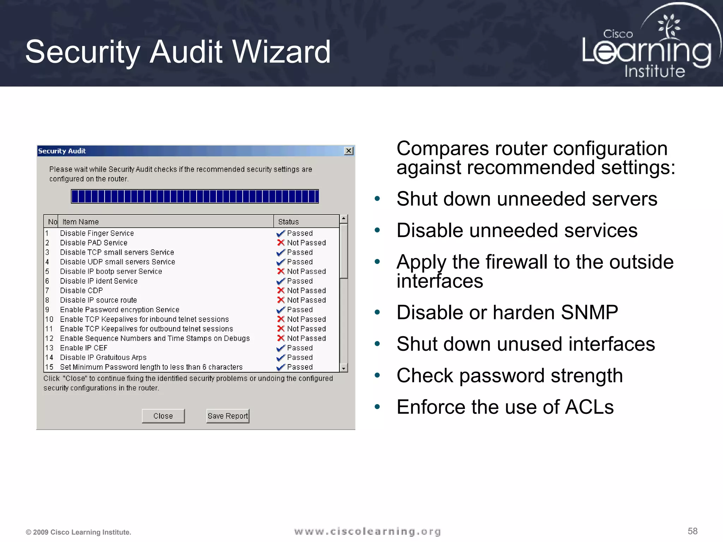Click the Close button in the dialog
(x=163, y=416)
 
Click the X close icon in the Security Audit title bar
(x=349, y=151)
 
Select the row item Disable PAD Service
(x=94, y=243)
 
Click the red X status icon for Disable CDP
(x=281, y=290)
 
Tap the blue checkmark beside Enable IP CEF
(x=281, y=348)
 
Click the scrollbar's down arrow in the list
(x=343, y=368)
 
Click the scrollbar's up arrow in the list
(x=343, y=219)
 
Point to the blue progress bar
(x=195, y=196)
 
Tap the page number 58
(x=692, y=531)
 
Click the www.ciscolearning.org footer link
(x=367, y=531)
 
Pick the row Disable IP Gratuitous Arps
(x=103, y=357)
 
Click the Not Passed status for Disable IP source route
(x=306, y=300)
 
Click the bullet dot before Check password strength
(x=377, y=375)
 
